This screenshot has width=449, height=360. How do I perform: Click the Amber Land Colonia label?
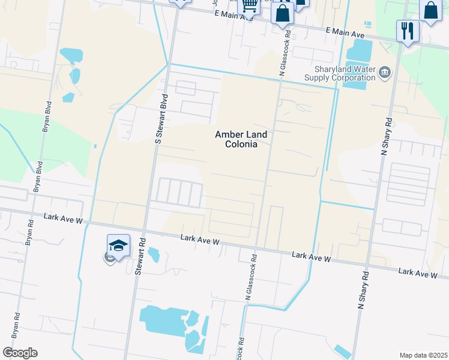[241, 139]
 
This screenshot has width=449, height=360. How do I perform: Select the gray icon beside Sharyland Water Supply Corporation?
[385, 73]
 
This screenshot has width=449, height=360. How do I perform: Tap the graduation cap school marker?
[118, 246]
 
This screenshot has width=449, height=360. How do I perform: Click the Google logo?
[20, 353]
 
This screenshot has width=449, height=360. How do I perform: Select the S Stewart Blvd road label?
[160, 118]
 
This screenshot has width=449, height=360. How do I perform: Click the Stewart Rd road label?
[140, 254]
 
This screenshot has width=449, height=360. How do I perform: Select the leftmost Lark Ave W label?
[63, 218]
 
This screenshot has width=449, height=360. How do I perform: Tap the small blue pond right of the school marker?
[153, 255]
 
